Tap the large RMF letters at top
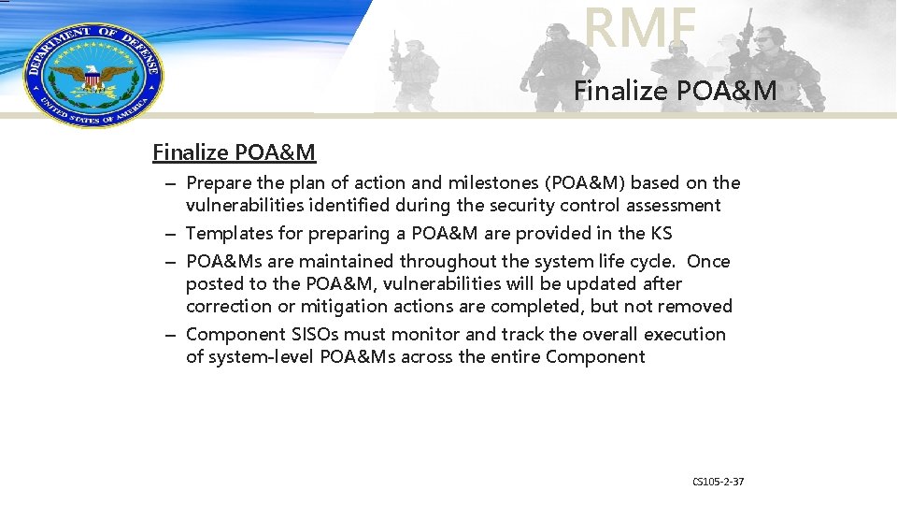click(641, 28)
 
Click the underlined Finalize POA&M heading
click(234, 151)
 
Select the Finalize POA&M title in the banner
click(675, 91)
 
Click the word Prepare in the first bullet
click(220, 183)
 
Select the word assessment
click(673, 206)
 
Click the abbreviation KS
click(662, 234)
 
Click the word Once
click(708, 262)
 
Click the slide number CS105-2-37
click(718, 482)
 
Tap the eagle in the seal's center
click(92, 75)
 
